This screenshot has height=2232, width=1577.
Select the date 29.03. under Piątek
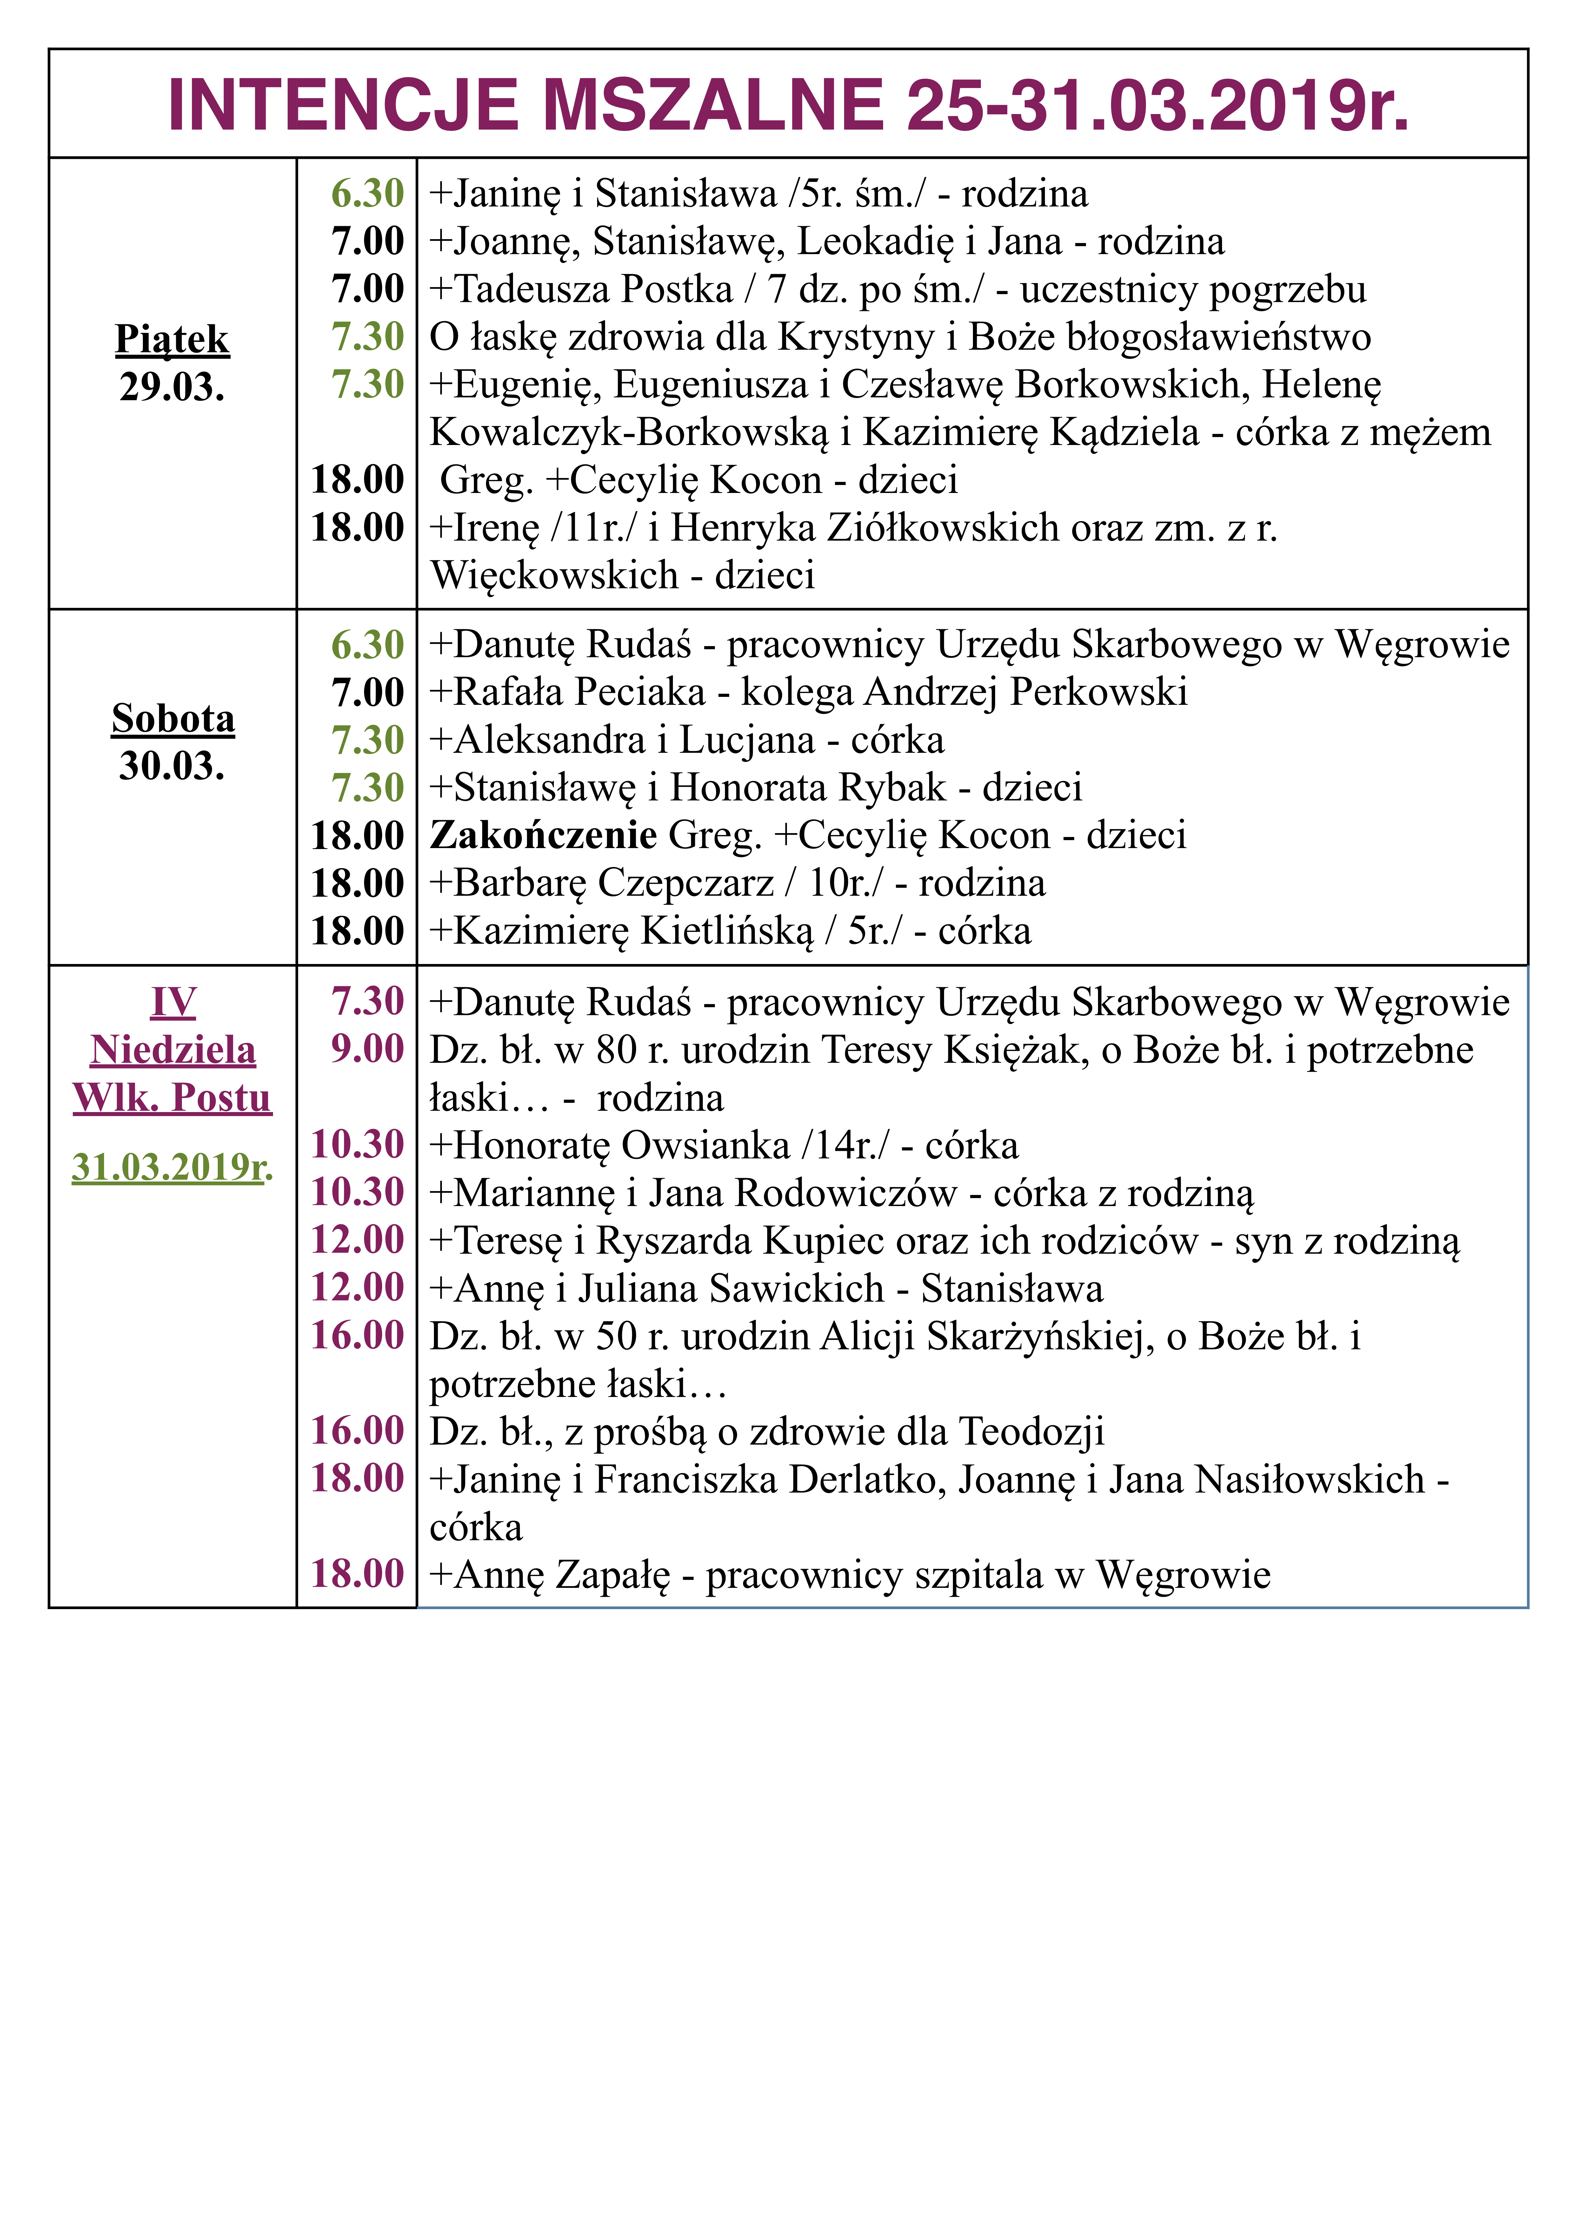[x=172, y=387]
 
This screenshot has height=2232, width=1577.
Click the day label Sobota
[x=173, y=718]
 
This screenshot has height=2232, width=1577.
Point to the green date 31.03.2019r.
[x=172, y=1167]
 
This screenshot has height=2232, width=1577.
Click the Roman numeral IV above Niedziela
[x=173, y=1002]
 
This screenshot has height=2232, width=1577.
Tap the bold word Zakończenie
[x=543, y=835]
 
